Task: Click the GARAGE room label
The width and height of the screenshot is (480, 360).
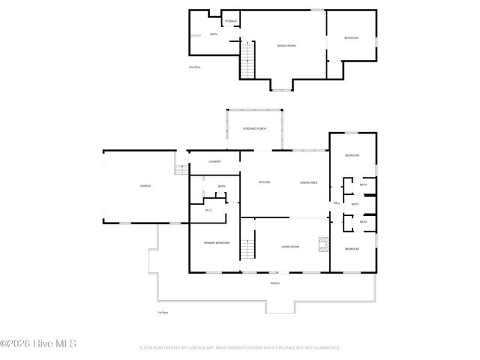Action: (x=145, y=185)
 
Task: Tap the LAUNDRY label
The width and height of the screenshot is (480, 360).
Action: (x=214, y=161)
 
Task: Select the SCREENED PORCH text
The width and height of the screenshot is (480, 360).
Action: (x=254, y=129)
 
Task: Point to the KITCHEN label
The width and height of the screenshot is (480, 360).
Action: (x=264, y=182)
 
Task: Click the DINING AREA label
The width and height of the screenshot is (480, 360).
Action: (x=308, y=182)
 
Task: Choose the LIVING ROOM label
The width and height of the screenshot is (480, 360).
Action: (x=290, y=247)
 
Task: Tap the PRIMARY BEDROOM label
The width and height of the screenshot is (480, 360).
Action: (x=216, y=243)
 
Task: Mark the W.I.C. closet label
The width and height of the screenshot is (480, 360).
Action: (x=209, y=210)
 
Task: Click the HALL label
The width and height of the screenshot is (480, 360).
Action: (x=336, y=202)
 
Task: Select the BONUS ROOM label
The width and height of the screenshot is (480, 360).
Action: (x=286, y=46)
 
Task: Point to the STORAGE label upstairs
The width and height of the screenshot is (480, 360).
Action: (x=231, y=21)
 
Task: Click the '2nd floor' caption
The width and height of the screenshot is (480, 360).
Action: (x=194, y=67)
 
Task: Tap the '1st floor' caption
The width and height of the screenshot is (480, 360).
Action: (x=162, y=313)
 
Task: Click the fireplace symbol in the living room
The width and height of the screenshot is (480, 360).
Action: (x=323, y=244)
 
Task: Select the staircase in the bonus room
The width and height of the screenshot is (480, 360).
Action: (x=248, y=60)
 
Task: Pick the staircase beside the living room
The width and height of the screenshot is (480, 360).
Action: (x=247, y=246)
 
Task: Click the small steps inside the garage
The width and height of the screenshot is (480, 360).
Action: (x=180, y=169)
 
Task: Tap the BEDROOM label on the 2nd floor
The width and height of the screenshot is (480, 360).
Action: (x=351, y=38)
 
